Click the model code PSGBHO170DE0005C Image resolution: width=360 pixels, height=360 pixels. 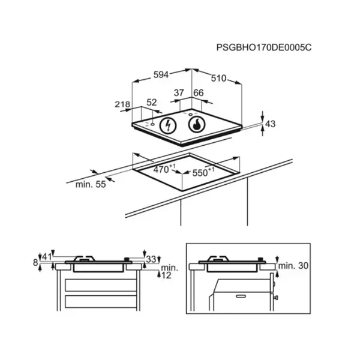point(264,47)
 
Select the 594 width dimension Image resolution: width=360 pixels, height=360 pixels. point(161,75)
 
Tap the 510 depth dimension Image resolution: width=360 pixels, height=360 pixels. point(218,78)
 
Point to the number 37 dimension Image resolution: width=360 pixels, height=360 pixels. point(179,93)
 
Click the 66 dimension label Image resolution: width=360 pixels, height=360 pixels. point(199,93)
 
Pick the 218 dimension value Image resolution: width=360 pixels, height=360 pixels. point(122,104)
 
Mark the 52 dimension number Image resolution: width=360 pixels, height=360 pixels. point(152,103)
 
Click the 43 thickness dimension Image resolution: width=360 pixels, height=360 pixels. point(270,124)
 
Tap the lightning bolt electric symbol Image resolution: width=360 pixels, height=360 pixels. point(168,125)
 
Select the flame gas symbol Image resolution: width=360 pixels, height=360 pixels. point(197,124)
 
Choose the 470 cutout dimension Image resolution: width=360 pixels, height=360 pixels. point(164,169)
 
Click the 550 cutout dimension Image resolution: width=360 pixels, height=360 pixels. point(203,172)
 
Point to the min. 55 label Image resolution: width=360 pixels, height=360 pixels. point(91,184)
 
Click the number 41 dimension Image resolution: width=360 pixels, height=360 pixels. point(46,257)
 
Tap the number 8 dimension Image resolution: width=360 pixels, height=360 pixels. point(35,262)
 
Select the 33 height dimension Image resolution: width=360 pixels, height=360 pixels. point(151,259)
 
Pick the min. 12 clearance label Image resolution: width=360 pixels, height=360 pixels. point(169,272)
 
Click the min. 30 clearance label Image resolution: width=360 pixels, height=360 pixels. point(293,266)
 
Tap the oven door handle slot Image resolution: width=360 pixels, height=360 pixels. point(241,296)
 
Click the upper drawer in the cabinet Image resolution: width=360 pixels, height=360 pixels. point(101,286)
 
